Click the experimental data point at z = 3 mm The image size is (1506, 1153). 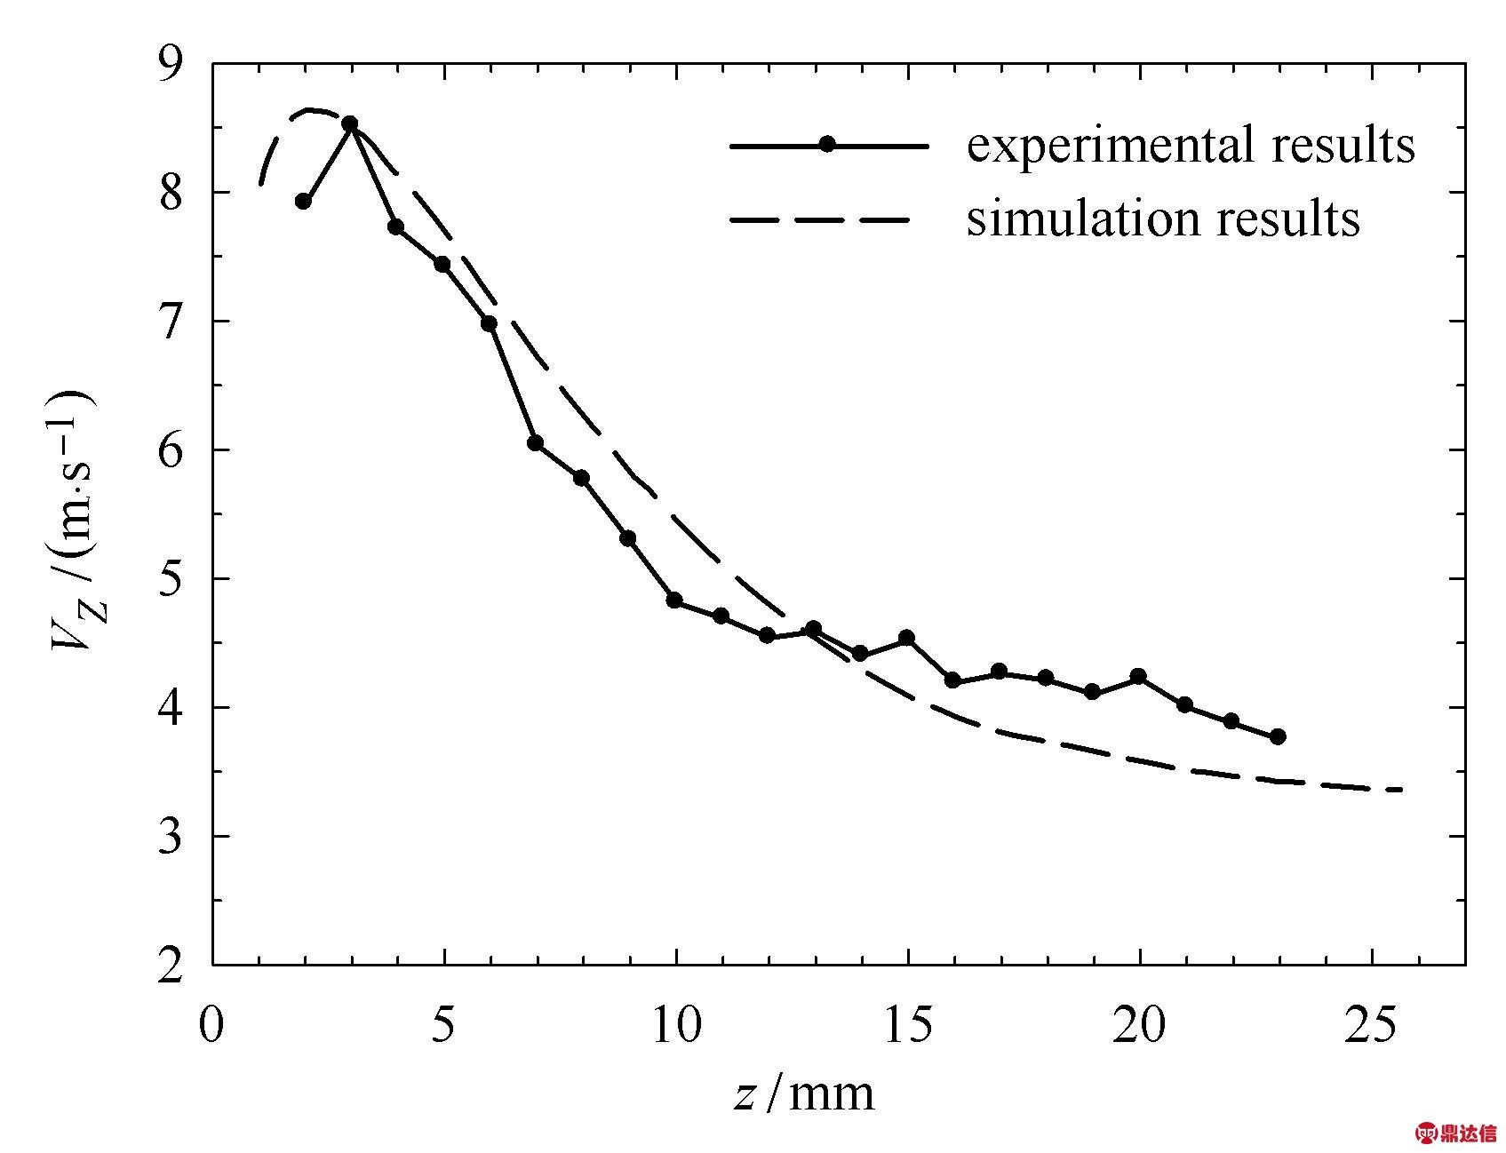pyautogui.click(x=350, y=123)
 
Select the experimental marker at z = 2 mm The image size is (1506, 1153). pyautogui.click(x=303, y=202)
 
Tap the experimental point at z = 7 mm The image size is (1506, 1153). pyautogui.click(x=535, y=443)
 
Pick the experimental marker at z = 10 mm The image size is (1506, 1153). pyautogui.click(x=674, y=600)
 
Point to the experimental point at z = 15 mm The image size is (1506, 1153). pyautogui.click(x=906, y=638)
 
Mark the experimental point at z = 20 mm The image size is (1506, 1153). pyautogui.click(x=1138, y=677)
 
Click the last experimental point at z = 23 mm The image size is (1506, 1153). pyautogui.click(x=1278, y=736)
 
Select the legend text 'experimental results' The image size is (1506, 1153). pyautogui.click(x=1190, y=144)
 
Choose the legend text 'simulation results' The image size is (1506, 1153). pyautogui.click(x=1163, y=218)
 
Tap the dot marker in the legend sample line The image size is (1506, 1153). pyautogui.click(x=827, y=144)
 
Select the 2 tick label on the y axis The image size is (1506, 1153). pyautogui.click(x=171, y=966)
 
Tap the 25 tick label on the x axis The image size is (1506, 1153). pyautogui.click(x=1372, y=1024)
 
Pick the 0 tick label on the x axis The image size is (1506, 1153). pyautogui.click(x=211, y=1024)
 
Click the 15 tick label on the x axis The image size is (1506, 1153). pyautogui.click(x=907, y=1024)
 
